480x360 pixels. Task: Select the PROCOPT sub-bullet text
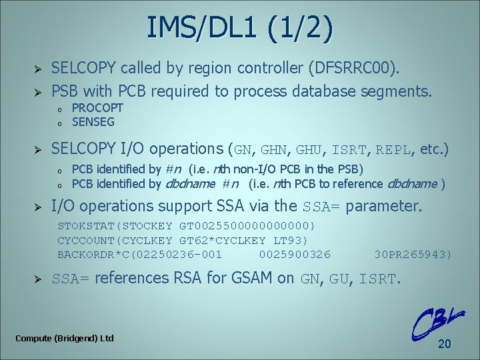coord(97,107)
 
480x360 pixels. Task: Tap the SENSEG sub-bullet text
coord(93,121)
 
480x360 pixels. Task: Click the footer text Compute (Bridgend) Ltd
coord(65,338)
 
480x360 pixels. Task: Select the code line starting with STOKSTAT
coord(186,226)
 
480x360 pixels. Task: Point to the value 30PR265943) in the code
coord(413,254)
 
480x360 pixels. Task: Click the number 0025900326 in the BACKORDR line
coord(294,254)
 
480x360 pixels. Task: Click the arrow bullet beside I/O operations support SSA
coord(38,205)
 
